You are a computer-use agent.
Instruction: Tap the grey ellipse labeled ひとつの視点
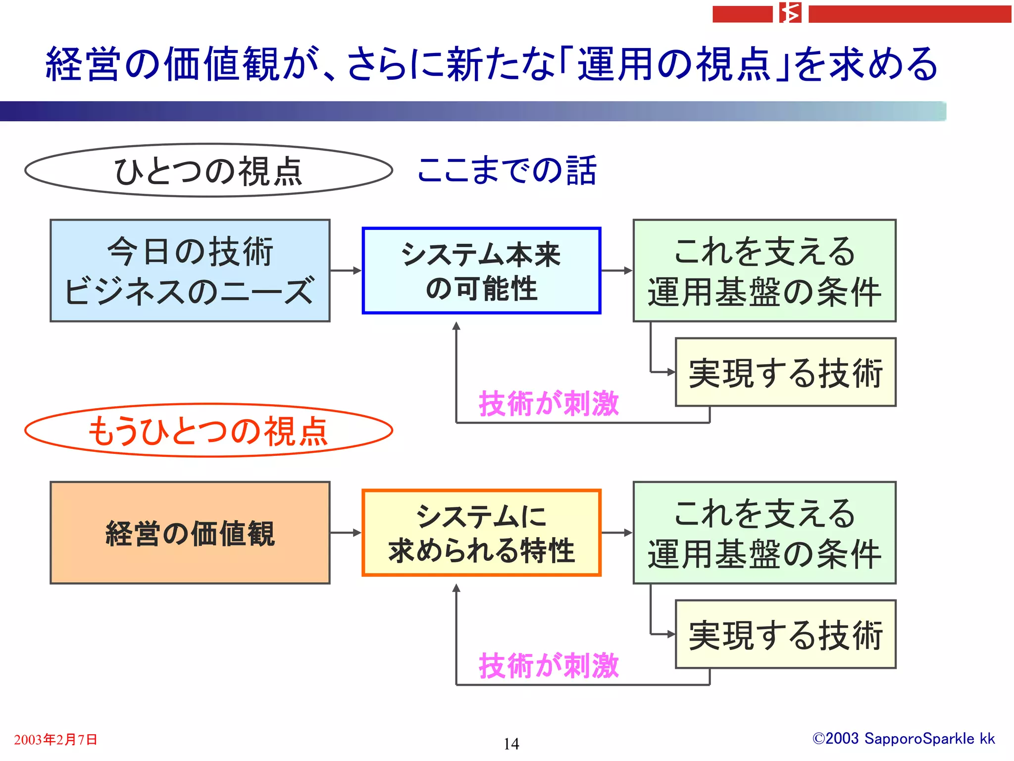[x=208, y=170]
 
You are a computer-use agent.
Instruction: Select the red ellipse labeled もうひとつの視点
[x=208, y=430]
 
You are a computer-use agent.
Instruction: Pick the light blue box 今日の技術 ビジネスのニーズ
[x=190, y=271]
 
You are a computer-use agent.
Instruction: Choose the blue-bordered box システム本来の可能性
[x=481, y=271]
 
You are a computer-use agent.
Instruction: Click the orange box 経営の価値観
[x=190, y=533]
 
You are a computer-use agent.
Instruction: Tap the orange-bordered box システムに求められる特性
[x=481, y=533]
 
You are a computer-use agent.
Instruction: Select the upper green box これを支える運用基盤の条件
[x=764, y=271]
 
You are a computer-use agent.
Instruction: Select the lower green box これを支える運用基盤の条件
[x=764, y=533]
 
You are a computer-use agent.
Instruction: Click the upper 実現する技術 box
[x=786, y=372]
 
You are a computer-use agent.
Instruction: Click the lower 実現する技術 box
[x=786, y=634]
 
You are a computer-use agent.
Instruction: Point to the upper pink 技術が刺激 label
[x=549, y=403]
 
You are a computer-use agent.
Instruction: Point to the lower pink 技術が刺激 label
[x=549, y=665]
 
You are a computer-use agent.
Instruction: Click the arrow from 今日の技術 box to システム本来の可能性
[x=346, y=271]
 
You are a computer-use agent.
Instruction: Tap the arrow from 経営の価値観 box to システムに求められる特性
[x=346, y=533]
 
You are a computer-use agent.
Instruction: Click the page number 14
[x=511, y=744]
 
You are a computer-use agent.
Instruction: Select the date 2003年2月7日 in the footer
[x=55, y=740]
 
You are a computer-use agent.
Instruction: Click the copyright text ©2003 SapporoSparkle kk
[x=904, y=739]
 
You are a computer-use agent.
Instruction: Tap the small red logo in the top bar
[x=790, y=13]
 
